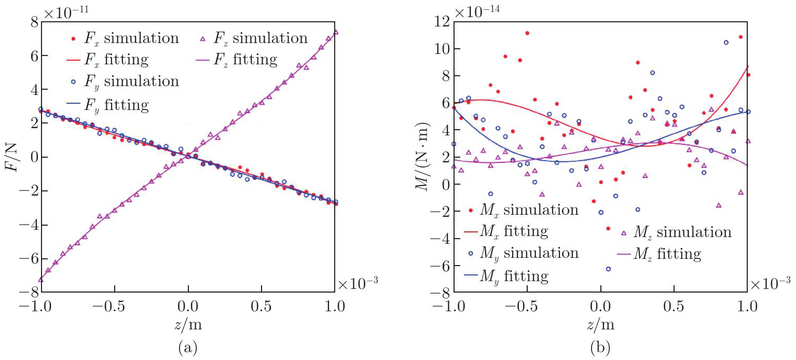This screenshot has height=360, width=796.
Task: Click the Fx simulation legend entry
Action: [x=125, y=38]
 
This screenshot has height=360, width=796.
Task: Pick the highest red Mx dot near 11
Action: [x=527, y=33]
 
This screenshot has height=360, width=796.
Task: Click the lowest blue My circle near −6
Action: [x=608, y=269]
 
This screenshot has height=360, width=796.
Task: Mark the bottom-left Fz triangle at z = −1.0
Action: [x=40, y=279]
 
